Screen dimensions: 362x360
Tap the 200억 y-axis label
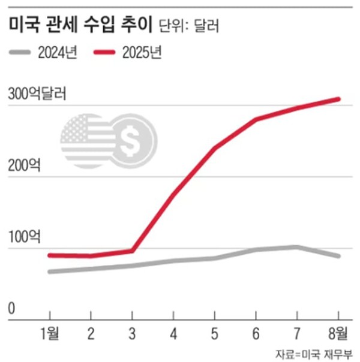[x=25, y=165]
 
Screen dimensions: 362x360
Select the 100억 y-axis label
[x=25, y=237]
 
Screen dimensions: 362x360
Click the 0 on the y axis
[x=12, y=308]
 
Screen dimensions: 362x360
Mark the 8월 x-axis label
[x=338, y=333]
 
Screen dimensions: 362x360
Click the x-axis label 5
[x=214, y=333]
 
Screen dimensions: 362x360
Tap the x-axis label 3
[x=132, y=333]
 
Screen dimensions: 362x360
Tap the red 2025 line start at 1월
[x=50, y=255]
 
